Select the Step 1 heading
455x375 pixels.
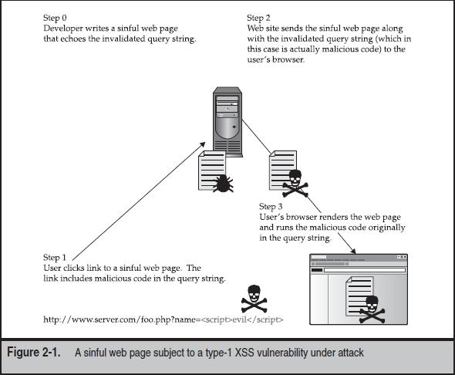pyautogui.click(x=56, y=258)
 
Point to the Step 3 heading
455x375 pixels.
pyautogui.click(x=271, y=207)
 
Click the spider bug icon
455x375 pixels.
pyautogui.click(x=224, y=183)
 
